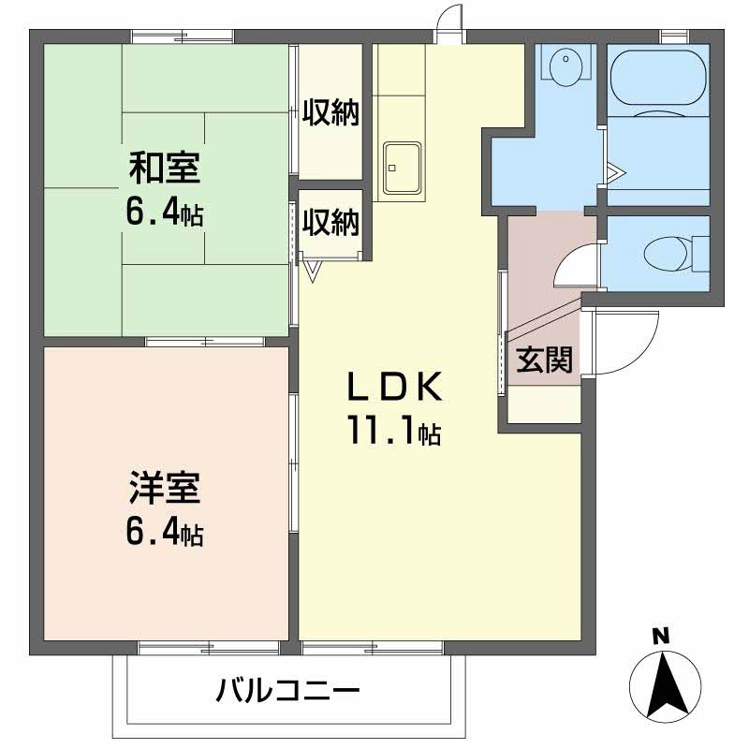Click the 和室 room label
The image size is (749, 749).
coord(165,168)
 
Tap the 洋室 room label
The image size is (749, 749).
coord(165,488)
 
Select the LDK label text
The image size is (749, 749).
coord(394,387)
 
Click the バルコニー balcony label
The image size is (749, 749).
coord(287,690)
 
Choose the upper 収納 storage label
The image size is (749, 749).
coord(330,112)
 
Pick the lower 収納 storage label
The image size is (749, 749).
coord(330,223)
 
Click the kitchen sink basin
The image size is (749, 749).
coord(403,168)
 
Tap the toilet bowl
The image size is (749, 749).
coord(666,254)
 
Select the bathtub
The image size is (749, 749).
coord(658,78)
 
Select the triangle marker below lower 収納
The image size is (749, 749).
coord(313,271)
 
